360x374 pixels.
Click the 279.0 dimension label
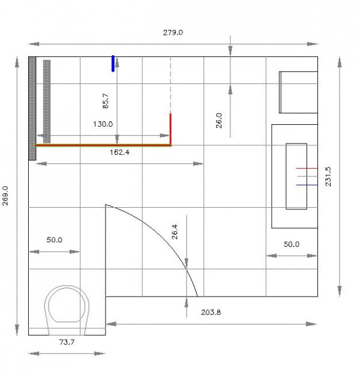[x=173, y=32]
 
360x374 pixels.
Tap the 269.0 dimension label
[x=5, y=196]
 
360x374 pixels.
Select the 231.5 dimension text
[x=328, y=176]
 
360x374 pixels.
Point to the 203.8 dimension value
[x=211, y=312]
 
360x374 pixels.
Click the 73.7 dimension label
[x=67, y=342]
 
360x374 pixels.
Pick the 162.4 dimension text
[x=119, y=152]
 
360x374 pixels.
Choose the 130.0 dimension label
[x=103, y=124]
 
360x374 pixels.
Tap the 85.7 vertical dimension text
[x=106, y=101]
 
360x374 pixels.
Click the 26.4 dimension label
[x=175, y=232]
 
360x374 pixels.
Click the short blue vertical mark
[x=113, y=64]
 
